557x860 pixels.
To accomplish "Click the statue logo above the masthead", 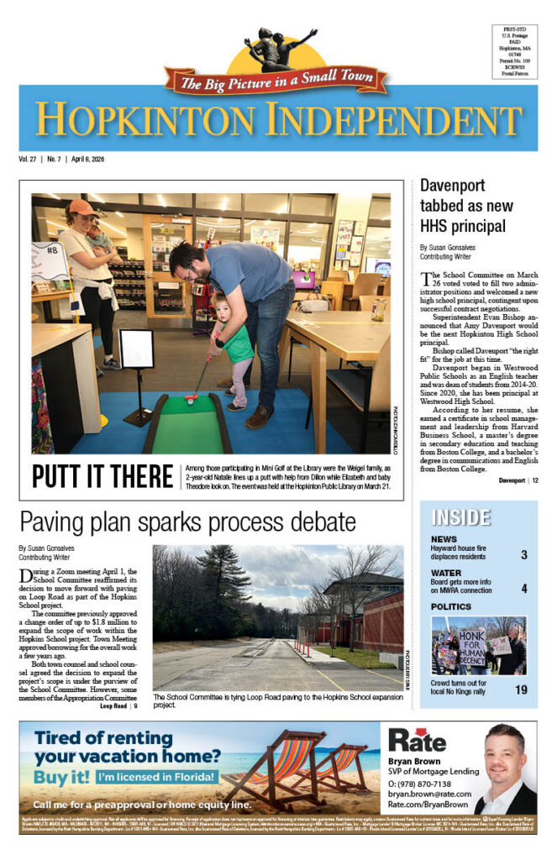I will pos(278,51).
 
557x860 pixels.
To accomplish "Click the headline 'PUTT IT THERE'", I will pos(102,475).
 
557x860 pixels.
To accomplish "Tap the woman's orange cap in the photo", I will pos(82,207).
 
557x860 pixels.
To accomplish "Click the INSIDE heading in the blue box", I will pos(461,517).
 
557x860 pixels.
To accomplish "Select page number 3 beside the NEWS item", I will pos(523,555).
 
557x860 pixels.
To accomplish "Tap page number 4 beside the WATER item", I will pos(523,588).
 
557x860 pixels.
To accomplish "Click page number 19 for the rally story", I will pos(521,690).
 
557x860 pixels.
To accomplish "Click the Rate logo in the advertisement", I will pos(417,739).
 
